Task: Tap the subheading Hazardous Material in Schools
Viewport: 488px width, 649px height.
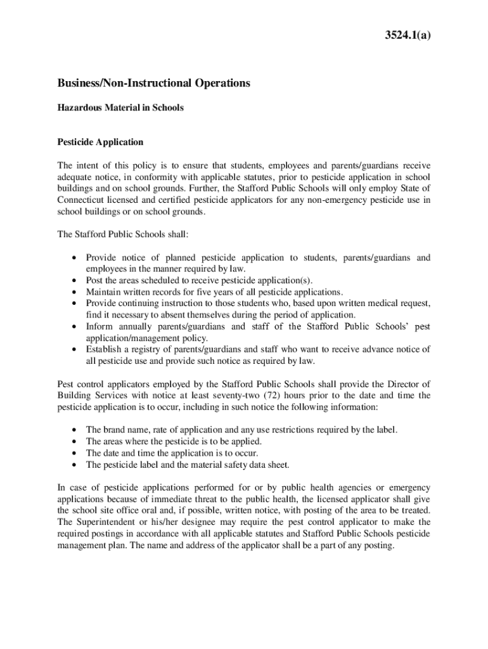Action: click(120, 108)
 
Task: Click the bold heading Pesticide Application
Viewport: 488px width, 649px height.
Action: click(100, 142)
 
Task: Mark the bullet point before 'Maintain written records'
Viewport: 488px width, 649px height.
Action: click(74, 292)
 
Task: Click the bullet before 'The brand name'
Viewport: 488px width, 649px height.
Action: click(74, 430)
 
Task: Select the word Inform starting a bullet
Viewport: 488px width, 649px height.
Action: click(100, 326)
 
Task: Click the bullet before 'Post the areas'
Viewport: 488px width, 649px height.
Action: click(74, 281)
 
